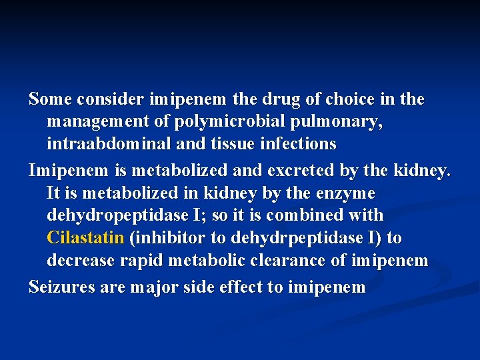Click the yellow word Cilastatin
coord(85,238)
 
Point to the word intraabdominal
coord(103,144)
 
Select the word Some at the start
coord(51,99)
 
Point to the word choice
coord(350,99)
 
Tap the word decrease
coord(81,261)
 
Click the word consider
coord(110,99)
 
